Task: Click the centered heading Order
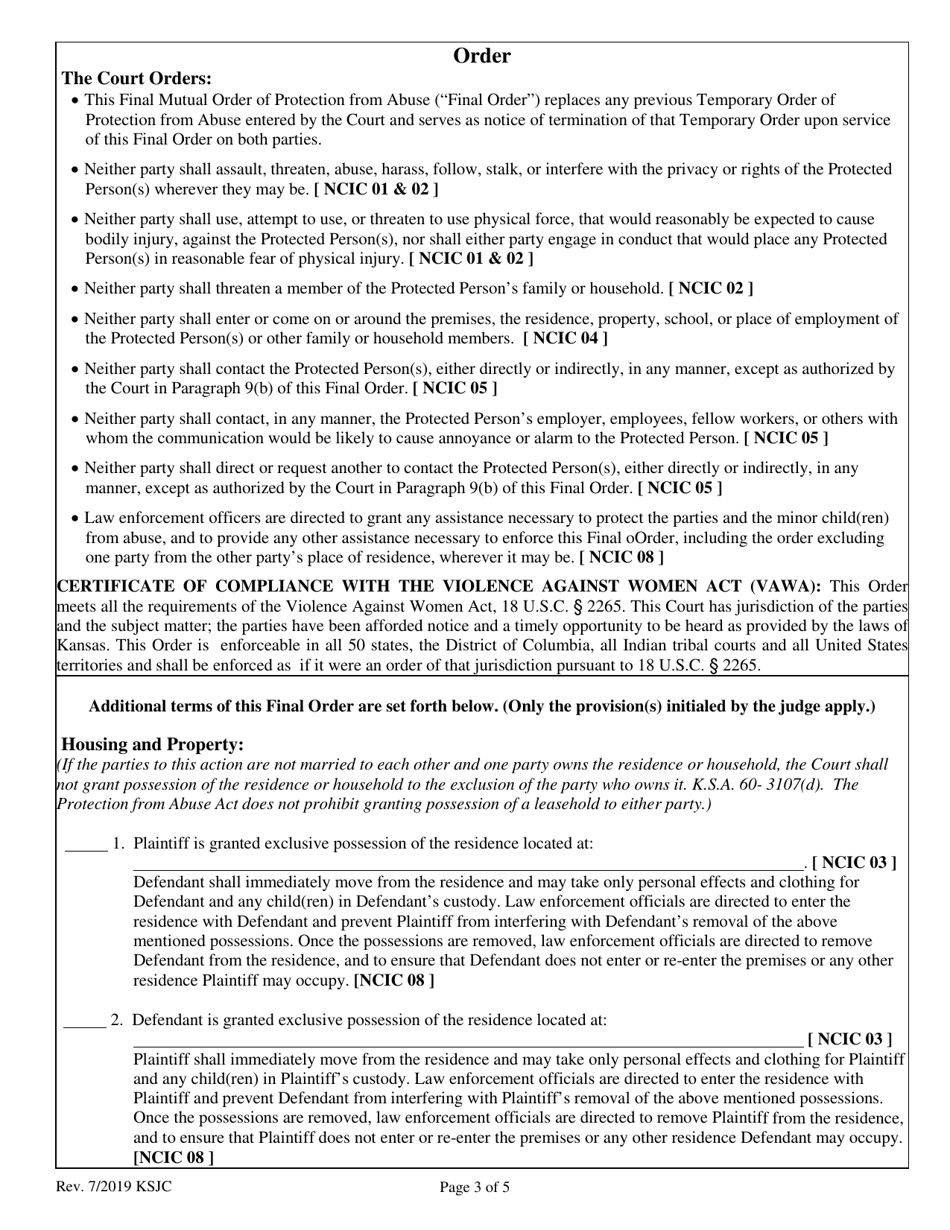click(x=482, y=56)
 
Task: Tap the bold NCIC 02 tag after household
click(x=711, y=289)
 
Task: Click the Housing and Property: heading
click(x=152, y=745)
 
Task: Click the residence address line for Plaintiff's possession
click(x=468, y=863)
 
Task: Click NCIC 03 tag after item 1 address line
click(x=853, y=863)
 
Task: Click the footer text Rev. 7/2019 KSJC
click(x=119, y=1189)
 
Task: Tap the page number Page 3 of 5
click(x=475, y=1189)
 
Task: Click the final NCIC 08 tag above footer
click(x=173, y=1157)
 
